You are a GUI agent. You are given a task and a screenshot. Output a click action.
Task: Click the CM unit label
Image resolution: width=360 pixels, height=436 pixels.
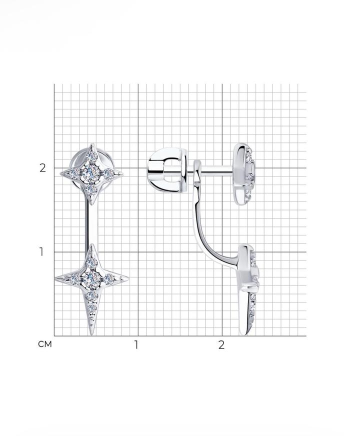tap(45, 344)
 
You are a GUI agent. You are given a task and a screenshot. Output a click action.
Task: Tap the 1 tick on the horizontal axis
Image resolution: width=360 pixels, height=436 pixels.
tap(136, 345)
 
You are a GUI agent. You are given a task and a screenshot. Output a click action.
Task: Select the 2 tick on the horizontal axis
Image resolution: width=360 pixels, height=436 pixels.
tap(221, 345)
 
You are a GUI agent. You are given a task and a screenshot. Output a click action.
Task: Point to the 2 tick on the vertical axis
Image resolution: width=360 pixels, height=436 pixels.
tap(42, 168)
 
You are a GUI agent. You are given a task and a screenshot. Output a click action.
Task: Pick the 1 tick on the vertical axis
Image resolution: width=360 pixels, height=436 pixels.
tap(41, 252)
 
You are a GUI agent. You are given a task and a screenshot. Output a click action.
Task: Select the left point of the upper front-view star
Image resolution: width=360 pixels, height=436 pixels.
tap(61, 174)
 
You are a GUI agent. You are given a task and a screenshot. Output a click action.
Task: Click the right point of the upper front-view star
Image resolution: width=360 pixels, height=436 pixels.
tap(122, 174)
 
